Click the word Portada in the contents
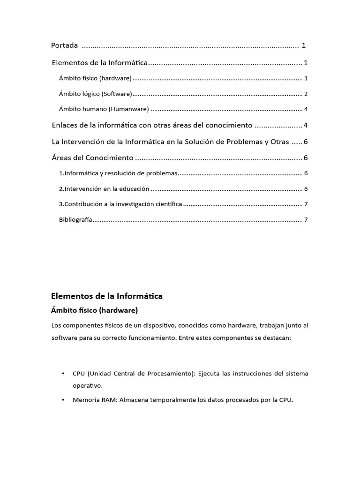(64, 45)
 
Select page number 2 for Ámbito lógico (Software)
(306, 94)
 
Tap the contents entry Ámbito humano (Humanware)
(104, 109)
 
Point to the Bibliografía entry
(75, 219)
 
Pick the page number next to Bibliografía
(306, 219)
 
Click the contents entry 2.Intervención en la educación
(104, 189)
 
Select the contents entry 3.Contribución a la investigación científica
(120, 204)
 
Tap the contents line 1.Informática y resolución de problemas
(118, 173)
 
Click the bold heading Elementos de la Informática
(106, 296)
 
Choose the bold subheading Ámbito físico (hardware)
(94, 310)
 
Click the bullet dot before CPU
(63, 374)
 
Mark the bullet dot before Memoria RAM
(63, 400)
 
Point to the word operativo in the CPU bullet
(87, 385)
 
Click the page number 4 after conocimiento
(306, 125)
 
